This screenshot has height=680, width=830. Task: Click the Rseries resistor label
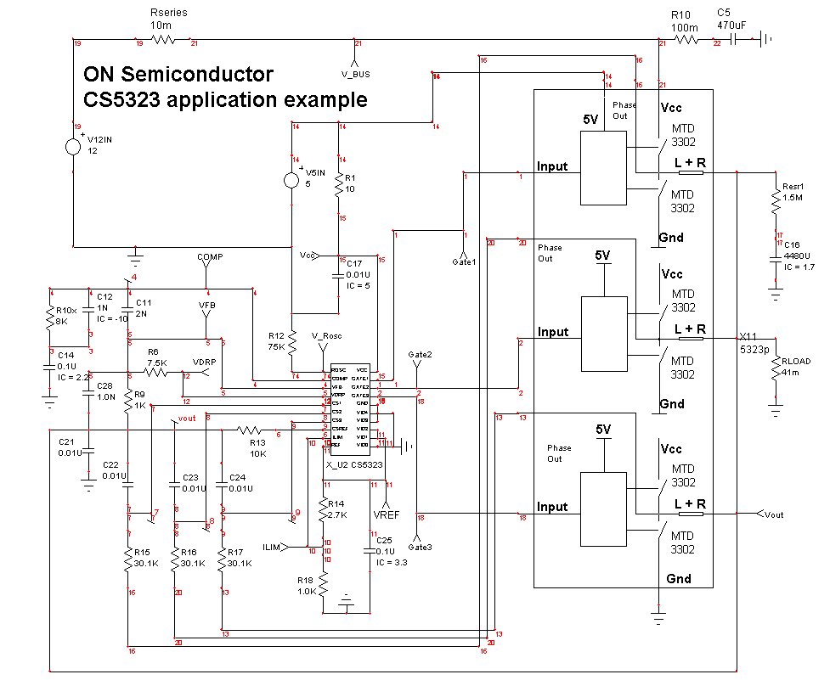[168, 19]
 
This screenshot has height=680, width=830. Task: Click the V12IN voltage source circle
[75, 146]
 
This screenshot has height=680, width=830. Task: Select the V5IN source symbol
[291, 180]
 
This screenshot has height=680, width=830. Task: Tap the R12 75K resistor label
[277, 341]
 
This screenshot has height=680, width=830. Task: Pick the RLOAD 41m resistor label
[797, 367]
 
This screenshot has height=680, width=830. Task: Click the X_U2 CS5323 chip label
[355, 465]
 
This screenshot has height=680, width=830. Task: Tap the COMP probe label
[210, 256]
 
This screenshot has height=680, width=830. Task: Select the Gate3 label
[419, 547]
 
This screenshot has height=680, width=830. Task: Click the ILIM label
[274, 547]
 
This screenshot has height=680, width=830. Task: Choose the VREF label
[387, 514]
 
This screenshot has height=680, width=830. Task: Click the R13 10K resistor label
[257, 447]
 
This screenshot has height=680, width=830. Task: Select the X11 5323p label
[754, 341]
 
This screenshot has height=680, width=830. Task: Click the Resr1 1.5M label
[793, 191]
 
